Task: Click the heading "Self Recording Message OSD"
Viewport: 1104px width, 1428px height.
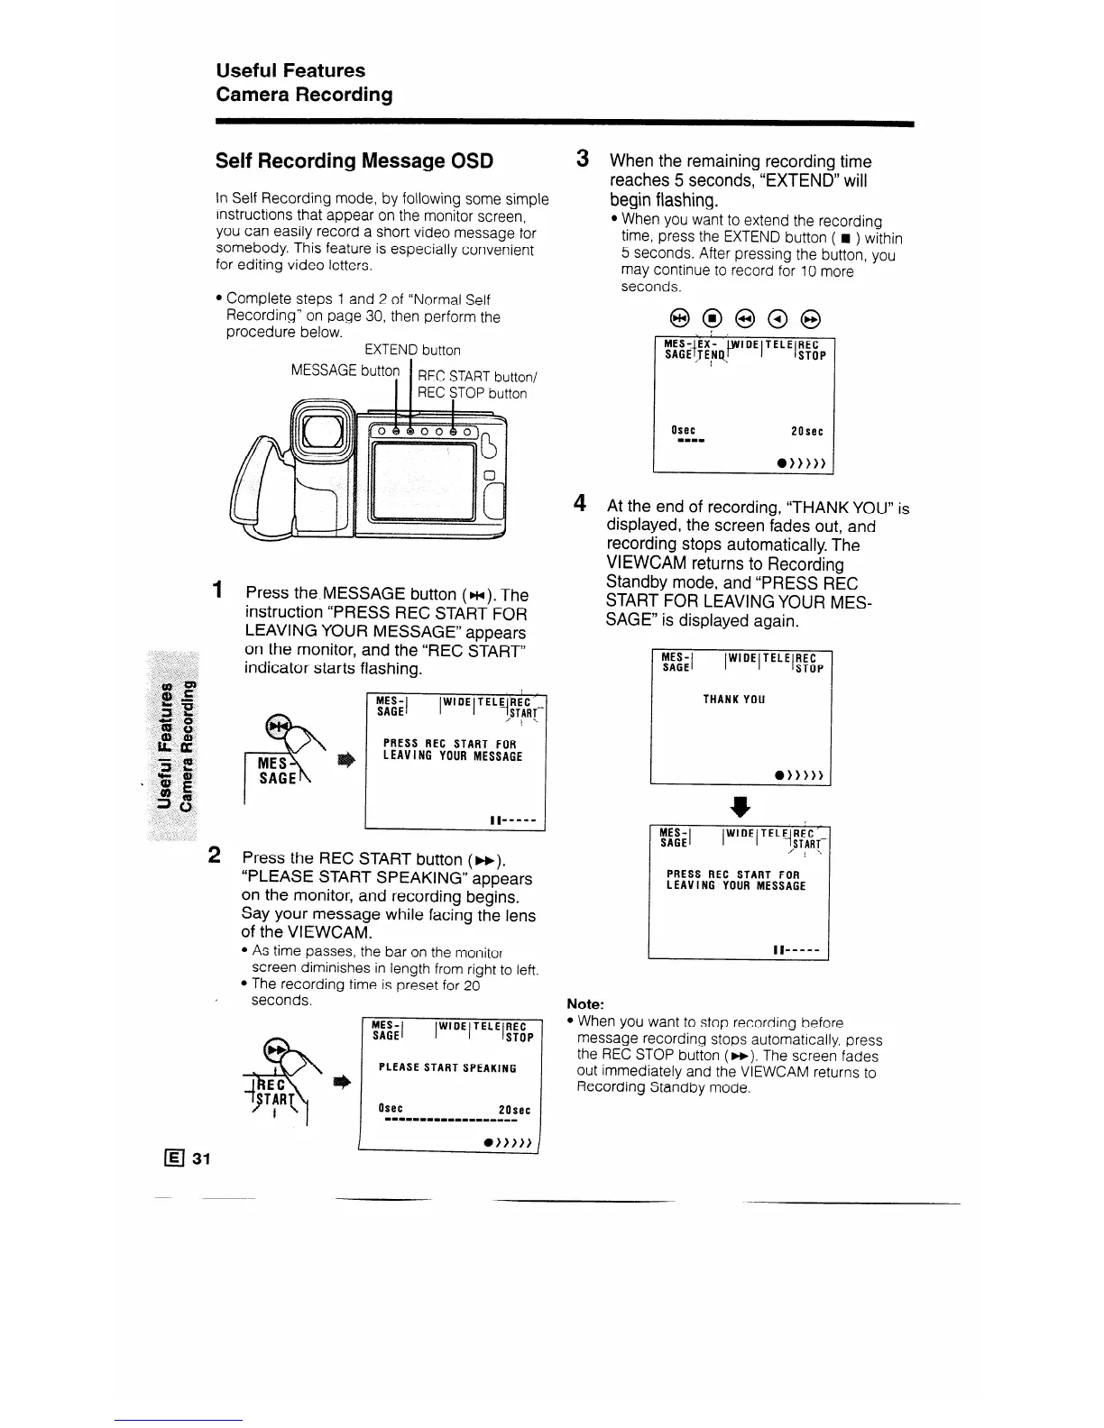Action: tap(354, 161)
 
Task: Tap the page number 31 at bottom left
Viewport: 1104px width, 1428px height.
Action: tap(200, 1159)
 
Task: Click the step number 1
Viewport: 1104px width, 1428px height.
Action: tap(217, 590)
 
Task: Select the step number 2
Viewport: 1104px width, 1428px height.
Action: tap(216, 854)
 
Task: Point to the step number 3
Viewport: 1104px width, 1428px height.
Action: tap(584, 159)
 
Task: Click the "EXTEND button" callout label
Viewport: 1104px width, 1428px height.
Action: tap(412, 350)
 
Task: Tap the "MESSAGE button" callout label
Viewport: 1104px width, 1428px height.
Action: tap(345, 371)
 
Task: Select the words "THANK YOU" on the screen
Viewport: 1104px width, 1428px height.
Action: tap(734, 699)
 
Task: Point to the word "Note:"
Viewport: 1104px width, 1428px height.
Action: tap(585, 1004)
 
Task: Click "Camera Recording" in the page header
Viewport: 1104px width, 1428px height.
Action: tap(304, 95)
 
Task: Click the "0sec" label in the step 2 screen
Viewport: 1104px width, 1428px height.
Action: tap(391, 1109)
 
